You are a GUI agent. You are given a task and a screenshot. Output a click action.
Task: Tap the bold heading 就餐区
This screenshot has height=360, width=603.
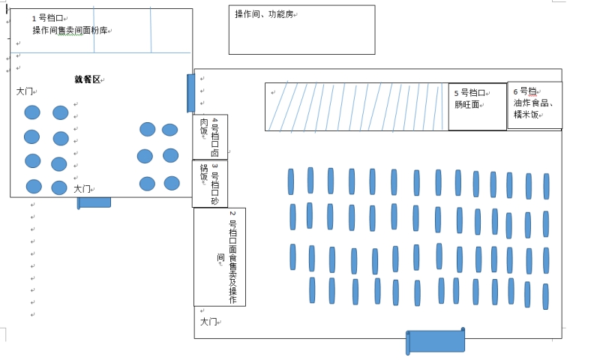coord(87,79)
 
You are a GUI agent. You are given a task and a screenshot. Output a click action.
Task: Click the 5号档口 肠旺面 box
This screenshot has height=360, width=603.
coord(477,106)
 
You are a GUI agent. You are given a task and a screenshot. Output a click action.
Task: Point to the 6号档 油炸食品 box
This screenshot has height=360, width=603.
coord(534,105)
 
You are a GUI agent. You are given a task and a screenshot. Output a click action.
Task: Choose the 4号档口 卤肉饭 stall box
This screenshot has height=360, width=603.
coord(210,136)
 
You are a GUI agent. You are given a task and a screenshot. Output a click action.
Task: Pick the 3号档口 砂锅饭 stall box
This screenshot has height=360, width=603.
coord(210,184)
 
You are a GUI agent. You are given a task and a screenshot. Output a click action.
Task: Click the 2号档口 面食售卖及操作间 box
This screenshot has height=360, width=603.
coord(220,256)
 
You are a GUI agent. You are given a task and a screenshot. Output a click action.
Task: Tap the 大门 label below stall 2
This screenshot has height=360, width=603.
coord(208,322)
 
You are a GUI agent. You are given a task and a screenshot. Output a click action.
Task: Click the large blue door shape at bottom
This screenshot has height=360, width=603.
coord(436,341)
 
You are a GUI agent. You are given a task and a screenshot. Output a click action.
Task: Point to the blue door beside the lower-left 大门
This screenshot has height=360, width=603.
coord(94,202)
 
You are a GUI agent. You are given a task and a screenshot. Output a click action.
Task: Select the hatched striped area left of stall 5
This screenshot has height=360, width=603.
coord(356,106)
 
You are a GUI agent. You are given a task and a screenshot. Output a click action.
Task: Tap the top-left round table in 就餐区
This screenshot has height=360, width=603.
coord(32,112)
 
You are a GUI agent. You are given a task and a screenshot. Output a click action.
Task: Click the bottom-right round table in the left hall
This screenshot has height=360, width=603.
coord(172,183)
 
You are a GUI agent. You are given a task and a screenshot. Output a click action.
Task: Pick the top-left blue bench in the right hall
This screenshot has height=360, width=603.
coord(291,181)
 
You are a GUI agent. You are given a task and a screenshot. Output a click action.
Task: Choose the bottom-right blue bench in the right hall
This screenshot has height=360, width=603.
coord(545,296)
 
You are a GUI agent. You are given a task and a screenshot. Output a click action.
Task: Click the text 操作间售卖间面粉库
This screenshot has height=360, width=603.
coord(70,31)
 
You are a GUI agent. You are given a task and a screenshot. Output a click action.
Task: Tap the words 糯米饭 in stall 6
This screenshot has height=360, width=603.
coord(527,114)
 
